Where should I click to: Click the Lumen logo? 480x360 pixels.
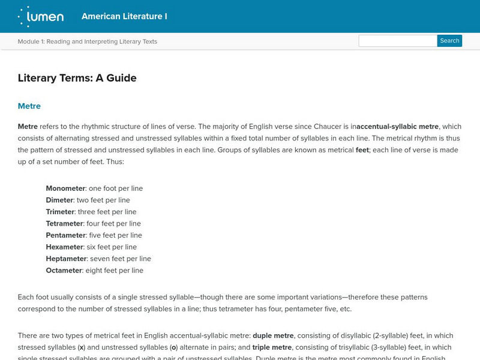coord(41,16)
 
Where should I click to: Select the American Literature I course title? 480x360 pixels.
coord(124,16)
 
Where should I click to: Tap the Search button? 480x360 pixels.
coord(449,41)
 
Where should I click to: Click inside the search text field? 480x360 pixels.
coord(397,41)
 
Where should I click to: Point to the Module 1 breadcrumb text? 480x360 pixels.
coord(88,41)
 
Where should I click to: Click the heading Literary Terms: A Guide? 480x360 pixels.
coord(77,78)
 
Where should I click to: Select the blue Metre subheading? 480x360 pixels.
coord(29,106)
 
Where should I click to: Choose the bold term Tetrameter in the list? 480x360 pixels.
coord(65,224)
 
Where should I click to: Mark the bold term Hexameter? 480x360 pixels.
coord(65,247)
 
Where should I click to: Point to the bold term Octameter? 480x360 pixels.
coord(64,271)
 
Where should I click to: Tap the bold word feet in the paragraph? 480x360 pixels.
coord(362,150)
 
